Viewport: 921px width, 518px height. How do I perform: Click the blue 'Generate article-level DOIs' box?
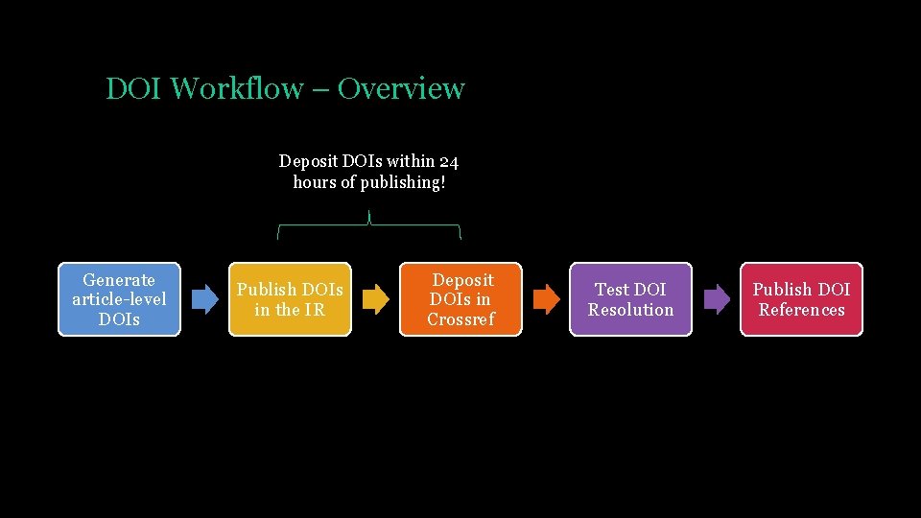(x=119, y=299)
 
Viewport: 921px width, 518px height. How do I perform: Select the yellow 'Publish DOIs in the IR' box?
(x=290, y=299)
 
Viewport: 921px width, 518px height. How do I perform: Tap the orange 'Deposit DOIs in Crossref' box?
(x=460, y=299)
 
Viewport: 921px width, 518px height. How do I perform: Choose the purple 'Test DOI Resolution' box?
(x=630, y=299)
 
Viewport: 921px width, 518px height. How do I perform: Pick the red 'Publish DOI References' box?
(x=801, y=299)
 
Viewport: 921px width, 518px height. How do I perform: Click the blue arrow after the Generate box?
(x=204, y=299)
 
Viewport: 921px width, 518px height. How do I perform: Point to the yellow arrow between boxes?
(x=375, y=299)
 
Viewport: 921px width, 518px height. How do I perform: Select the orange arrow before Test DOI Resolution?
(x=546, y=299)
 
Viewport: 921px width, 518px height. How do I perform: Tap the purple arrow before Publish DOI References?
(x=717, y=299)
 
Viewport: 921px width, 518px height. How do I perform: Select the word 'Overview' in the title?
(x=401, y=89)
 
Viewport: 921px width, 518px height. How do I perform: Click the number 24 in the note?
(x=448, y=161)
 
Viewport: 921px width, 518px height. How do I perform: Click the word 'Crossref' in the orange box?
(x=460, y=319)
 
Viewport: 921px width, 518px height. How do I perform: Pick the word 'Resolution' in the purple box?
(x=630, y=310)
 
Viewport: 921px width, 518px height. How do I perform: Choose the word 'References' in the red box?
(x=801, y=310)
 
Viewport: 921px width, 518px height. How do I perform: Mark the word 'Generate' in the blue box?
(x=119, y=280)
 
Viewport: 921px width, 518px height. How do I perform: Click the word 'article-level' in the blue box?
(x=119, y=299)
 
